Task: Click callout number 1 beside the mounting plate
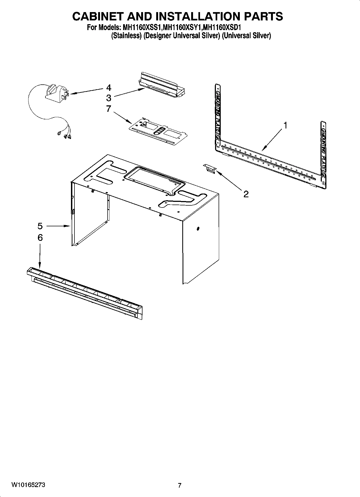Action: point(286,125)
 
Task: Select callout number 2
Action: point(246,194)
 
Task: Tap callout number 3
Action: point(109,97)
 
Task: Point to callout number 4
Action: point(109,88)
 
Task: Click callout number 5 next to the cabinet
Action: point(40,226)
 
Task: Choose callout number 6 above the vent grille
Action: point(40,238)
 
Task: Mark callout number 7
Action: point(109,109)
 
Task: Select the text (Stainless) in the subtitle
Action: point(126,35)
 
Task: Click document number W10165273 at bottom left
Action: point(28,485)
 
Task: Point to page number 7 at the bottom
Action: point(180,485)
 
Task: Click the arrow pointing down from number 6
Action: point(40,255)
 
